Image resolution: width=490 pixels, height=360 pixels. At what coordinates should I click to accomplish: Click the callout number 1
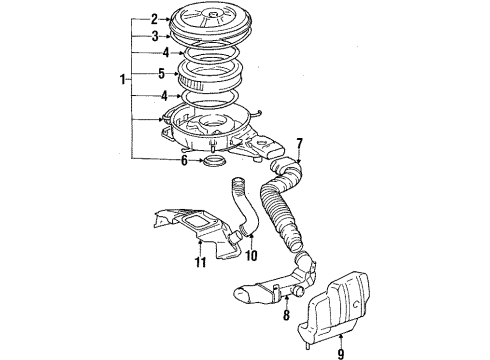(x=123, y=79)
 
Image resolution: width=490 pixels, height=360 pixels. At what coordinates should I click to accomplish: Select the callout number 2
(x=154, y=18)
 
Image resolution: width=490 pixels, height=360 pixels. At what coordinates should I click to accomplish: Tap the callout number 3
(x=154, y=35)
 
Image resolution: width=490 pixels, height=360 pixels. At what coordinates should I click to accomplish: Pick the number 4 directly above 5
(x=154, y=53)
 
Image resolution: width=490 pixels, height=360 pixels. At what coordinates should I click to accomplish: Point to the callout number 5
(x=154, y=73)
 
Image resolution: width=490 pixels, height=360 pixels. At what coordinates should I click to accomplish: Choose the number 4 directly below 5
(x=154, y=95)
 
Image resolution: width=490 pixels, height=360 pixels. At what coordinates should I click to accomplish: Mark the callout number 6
(x=183, y=157)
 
